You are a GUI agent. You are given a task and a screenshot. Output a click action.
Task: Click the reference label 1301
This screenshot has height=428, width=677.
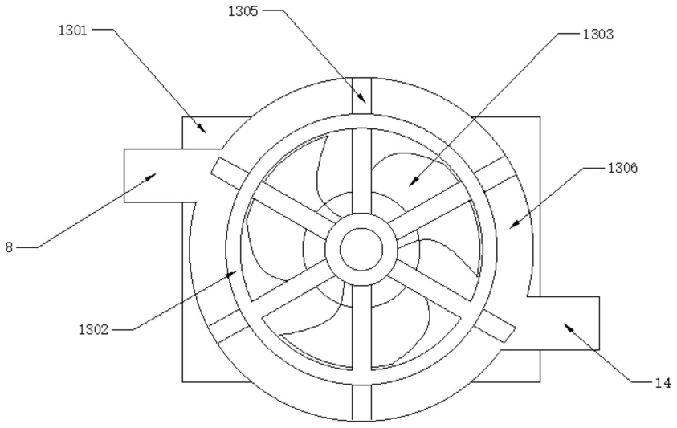[73, 31]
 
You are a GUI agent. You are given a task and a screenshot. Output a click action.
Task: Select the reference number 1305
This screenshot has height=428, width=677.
[243, 11]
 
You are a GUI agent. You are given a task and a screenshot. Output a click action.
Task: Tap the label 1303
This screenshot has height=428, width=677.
[598, 35]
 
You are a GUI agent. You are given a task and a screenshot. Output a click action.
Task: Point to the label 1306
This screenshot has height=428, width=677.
[622, 168]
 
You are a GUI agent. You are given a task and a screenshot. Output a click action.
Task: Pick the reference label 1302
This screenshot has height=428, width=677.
[93, 330]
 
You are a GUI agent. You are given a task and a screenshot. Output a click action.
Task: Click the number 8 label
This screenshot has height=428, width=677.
[9, 247]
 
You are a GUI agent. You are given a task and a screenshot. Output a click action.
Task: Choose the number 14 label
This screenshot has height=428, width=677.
[663, 383]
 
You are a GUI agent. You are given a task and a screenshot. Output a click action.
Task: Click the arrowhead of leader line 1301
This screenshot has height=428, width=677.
[203, 129]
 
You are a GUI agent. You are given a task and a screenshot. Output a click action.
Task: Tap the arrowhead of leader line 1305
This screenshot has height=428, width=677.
[363, 99]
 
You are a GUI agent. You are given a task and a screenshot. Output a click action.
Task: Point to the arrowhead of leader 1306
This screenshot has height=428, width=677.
[514, 224]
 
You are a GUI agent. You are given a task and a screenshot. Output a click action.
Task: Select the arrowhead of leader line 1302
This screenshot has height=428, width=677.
[231, 274]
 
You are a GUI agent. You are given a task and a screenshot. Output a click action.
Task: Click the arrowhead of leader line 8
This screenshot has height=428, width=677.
[151, 177]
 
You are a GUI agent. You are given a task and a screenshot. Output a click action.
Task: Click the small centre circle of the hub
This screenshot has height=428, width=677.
[361, 249]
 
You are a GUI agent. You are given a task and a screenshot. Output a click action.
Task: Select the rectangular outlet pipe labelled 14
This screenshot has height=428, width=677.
[557, 323]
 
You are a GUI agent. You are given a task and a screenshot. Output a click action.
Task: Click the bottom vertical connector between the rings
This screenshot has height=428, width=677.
[361, 402]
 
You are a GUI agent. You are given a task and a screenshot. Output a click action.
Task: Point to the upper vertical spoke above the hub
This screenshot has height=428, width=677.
[361, 170]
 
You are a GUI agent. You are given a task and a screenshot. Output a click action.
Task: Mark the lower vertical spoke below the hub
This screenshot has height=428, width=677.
[361, 328]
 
